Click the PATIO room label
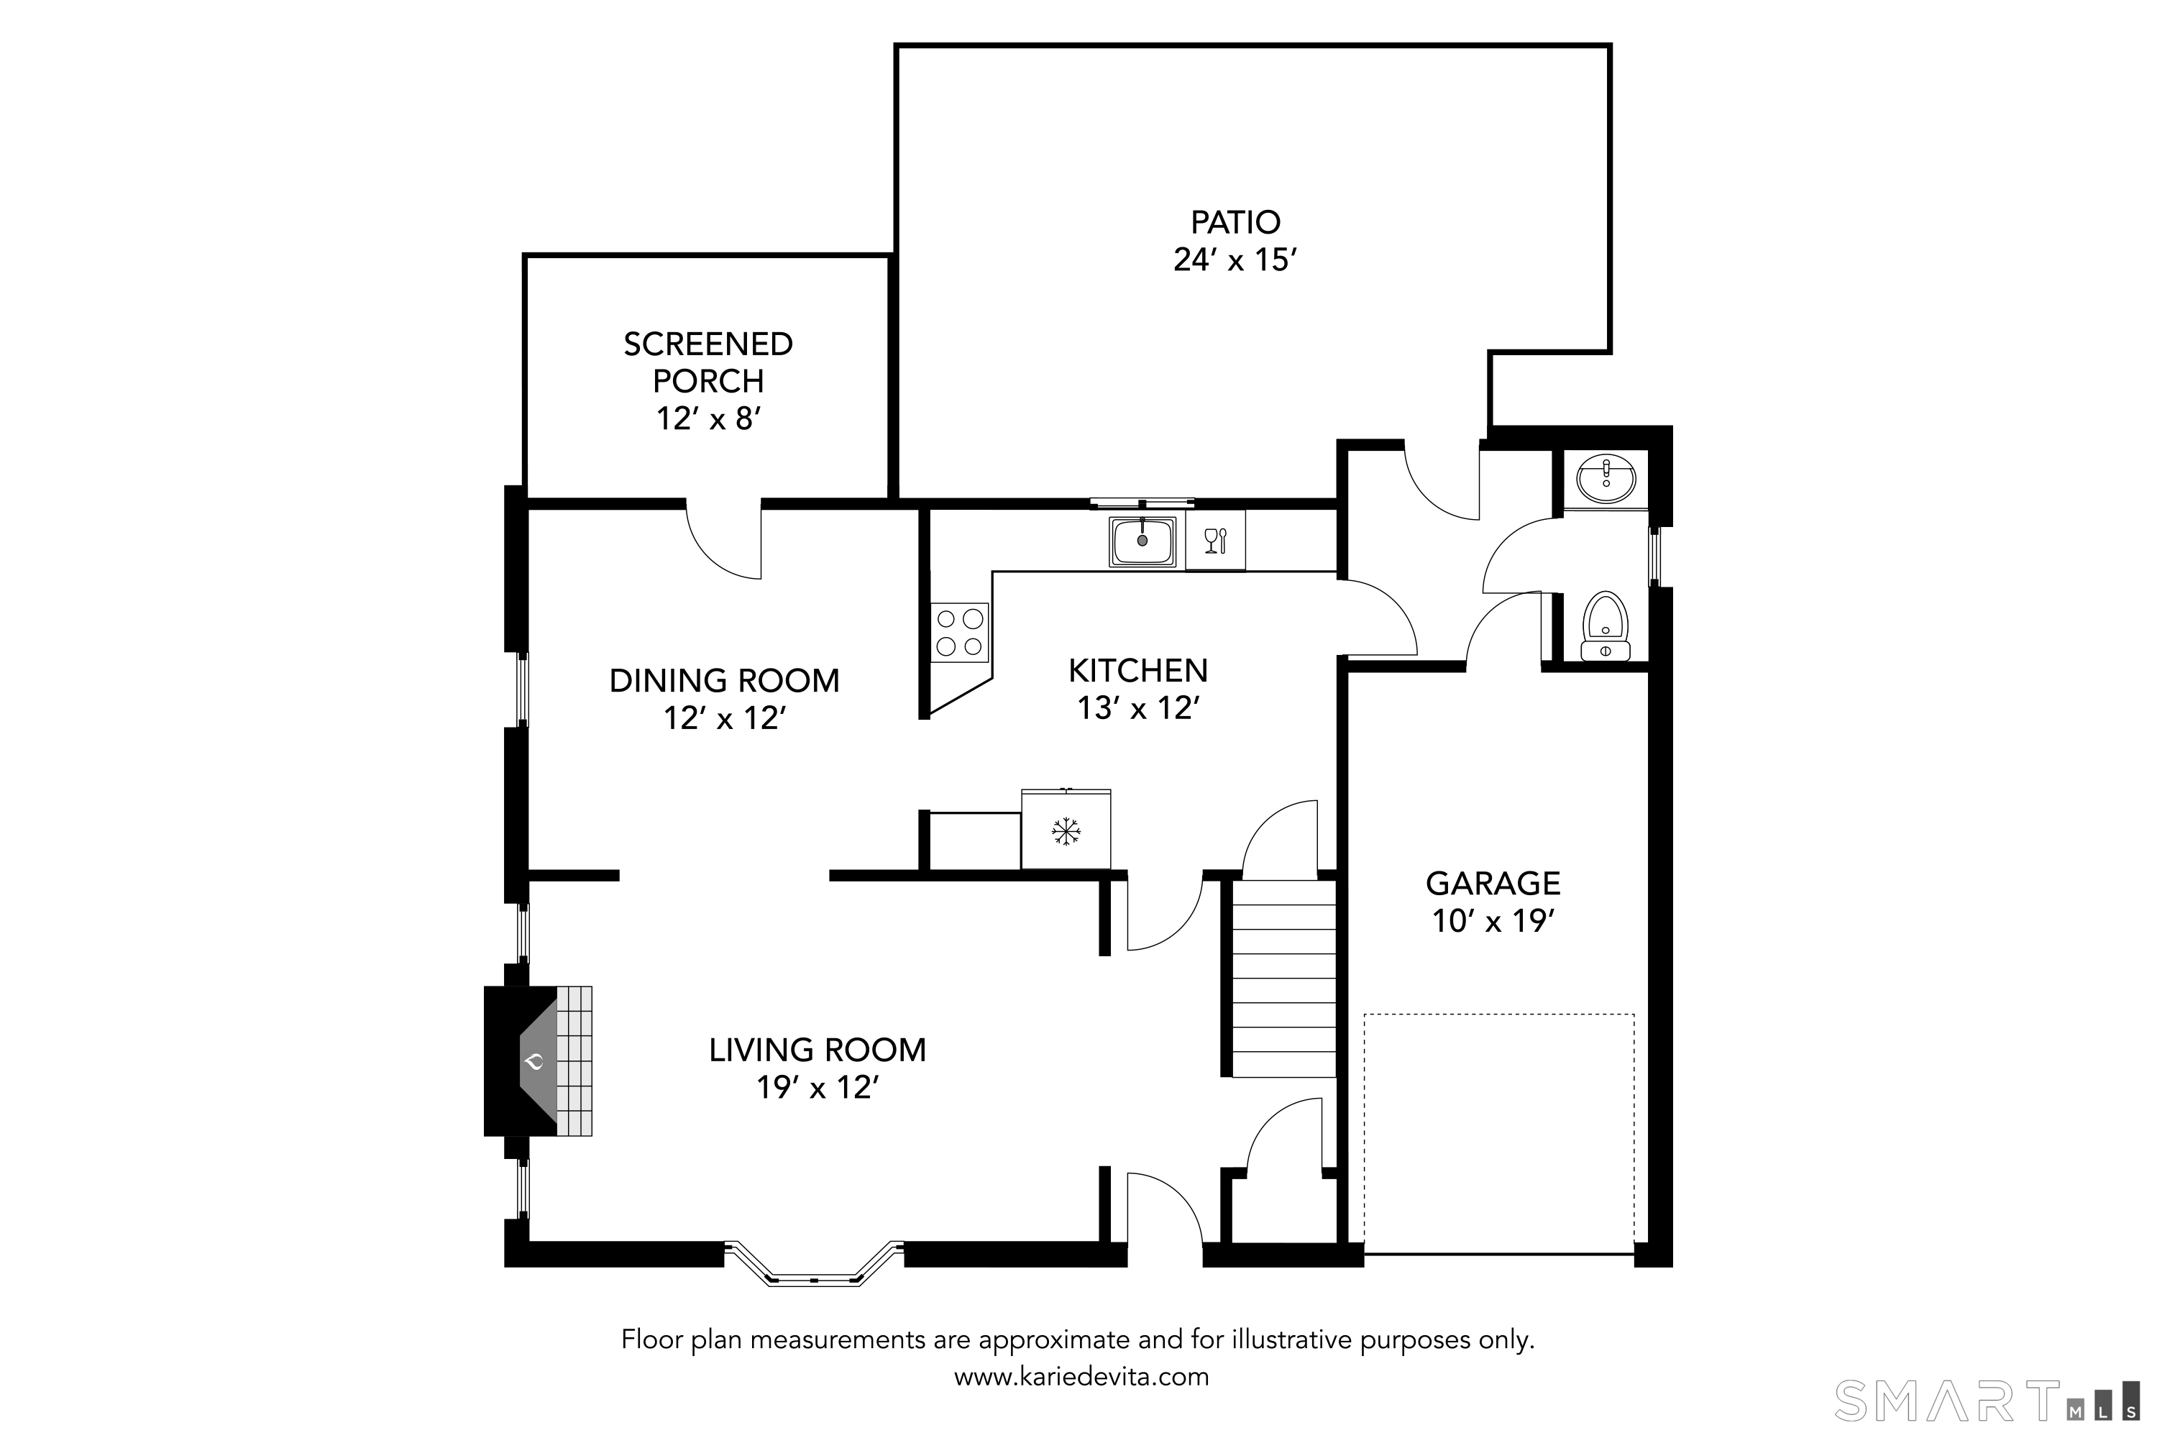pos(1235,222)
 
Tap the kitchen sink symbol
pos(1142,542)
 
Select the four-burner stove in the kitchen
pos(960,633)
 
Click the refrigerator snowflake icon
pos(1065,832)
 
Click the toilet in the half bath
pos(1605,626)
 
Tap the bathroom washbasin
pos(1606,479)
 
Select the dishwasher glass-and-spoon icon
pos(1215,541)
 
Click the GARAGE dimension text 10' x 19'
pos(1493,921)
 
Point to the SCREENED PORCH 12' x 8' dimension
pos(708,419)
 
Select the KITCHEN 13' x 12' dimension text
pos(1138,708)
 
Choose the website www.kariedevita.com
pos(1081,1377)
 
